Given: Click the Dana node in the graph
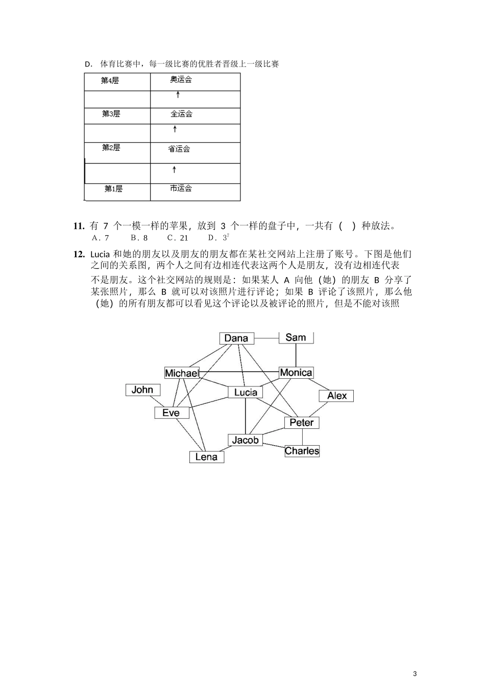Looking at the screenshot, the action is click(236, 338).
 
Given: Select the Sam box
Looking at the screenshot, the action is click(296, 337).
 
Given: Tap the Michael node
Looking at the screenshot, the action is click(181, 373).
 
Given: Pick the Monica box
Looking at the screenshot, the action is click(296, 373).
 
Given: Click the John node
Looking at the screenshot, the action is click(142, 390).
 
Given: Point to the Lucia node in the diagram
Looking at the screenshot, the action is click(246, 392).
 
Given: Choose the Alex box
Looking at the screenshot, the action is click(336, 396).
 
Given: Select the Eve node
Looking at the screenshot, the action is click(172, 413).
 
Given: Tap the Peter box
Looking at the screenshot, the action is click(302, 422).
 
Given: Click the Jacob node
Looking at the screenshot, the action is click(245, 440).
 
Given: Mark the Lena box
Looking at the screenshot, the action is click(206, 457).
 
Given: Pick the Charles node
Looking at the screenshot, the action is click(302, 451).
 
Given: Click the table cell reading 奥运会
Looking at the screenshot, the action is click(181, 80).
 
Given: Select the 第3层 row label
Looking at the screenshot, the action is click(111, 114).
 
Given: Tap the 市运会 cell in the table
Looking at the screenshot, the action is click(181, 189).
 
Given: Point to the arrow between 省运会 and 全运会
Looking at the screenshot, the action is click(175, 129).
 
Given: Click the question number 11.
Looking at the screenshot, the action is click(79, 225).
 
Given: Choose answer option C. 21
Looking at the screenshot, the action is click(178, 238).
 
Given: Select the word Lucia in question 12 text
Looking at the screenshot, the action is click(100, 254).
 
